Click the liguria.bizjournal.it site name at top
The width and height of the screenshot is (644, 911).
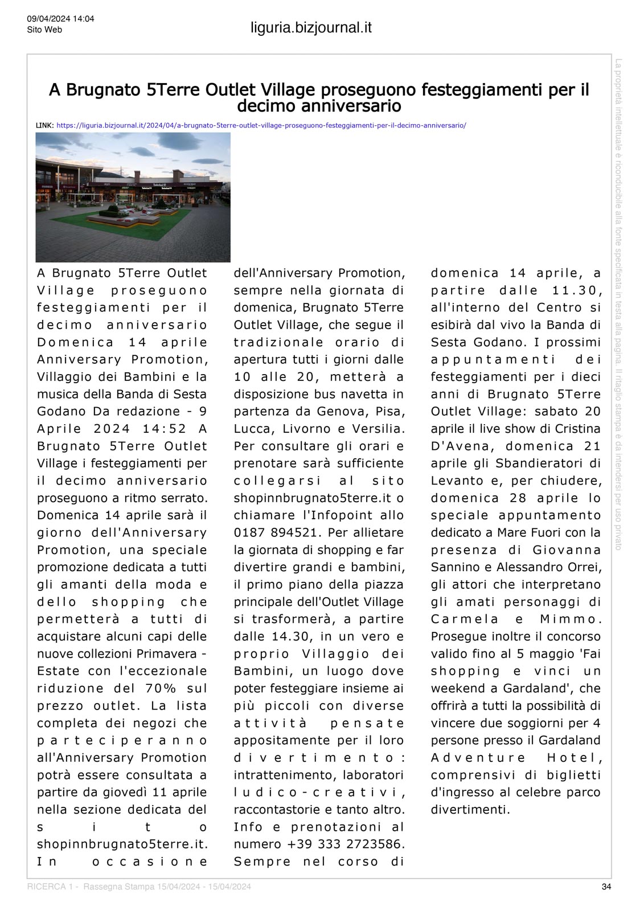[x=311, y=27]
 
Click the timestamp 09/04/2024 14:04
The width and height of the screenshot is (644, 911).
[x=60, y=19]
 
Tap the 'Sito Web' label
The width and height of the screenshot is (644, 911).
[x=44, y=30]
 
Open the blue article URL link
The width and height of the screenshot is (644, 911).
[x=261, y=125]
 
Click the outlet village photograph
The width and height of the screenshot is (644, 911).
[x=133, y=197]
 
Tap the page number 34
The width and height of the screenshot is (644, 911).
[x=606, y=887]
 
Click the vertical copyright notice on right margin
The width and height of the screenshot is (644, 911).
[x=619, y=305]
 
